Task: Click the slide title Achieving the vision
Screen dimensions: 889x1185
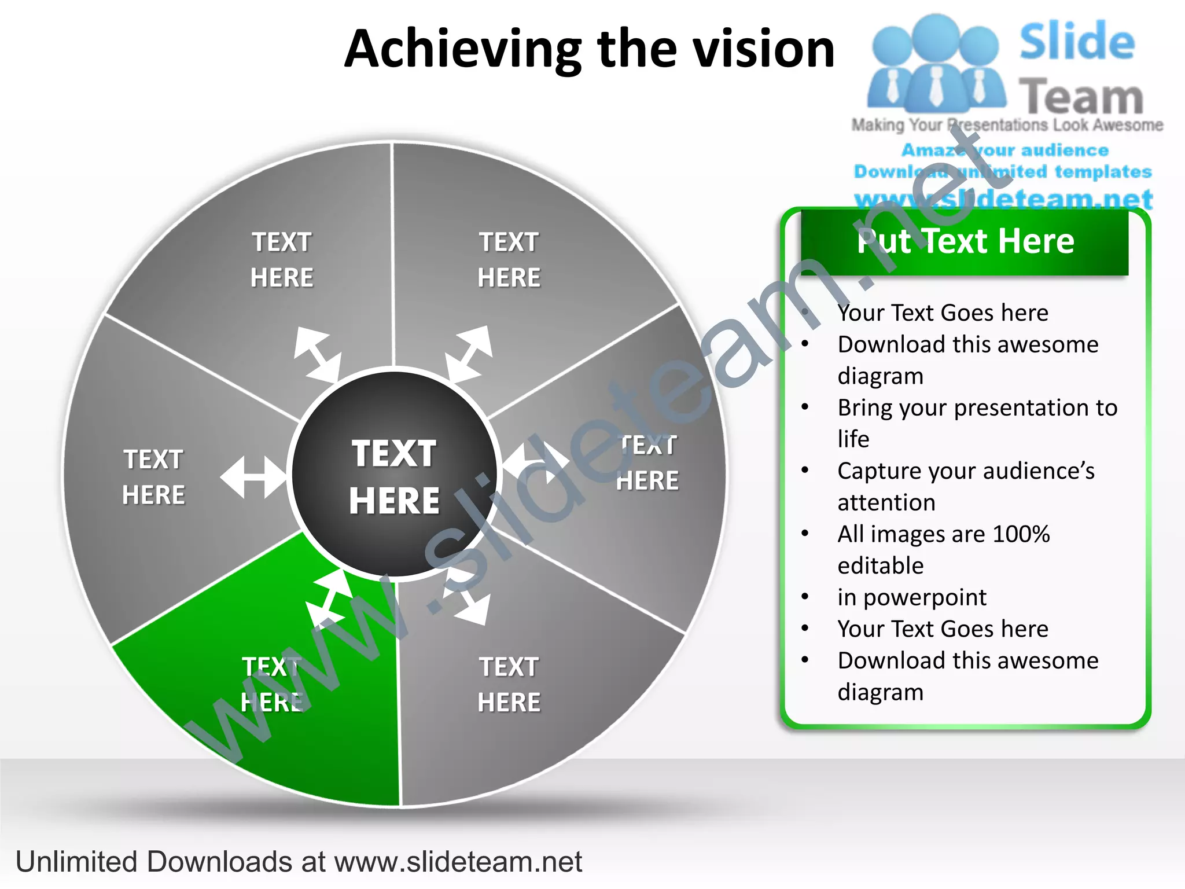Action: click(x=589, y=50)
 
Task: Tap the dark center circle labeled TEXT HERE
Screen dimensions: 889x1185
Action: click(x=395, y=475)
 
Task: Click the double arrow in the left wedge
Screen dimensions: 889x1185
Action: click(x=253, y=477)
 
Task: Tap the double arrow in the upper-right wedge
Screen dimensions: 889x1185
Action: click(x=469, y=353)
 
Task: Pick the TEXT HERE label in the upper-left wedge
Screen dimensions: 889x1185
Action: click(x=282, y=260)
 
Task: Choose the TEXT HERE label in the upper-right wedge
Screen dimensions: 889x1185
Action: click(x=509, y=260)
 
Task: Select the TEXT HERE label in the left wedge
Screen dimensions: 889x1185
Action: click(x=154, y=477)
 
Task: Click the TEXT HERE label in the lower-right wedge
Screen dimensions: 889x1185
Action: click(x=509, y=685)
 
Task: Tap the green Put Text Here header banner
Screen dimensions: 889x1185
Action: click(x=965, y=242)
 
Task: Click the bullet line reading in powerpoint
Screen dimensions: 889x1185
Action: click(x=912, y=597)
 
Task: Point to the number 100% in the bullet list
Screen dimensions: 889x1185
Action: click(x=1021, y=534)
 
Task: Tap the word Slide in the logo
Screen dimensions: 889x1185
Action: click(x=1077, y=42)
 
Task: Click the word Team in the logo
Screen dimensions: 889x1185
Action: click(x=1081, y=97)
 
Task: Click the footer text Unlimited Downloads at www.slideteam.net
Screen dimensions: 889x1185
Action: click(x=299, y=862)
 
